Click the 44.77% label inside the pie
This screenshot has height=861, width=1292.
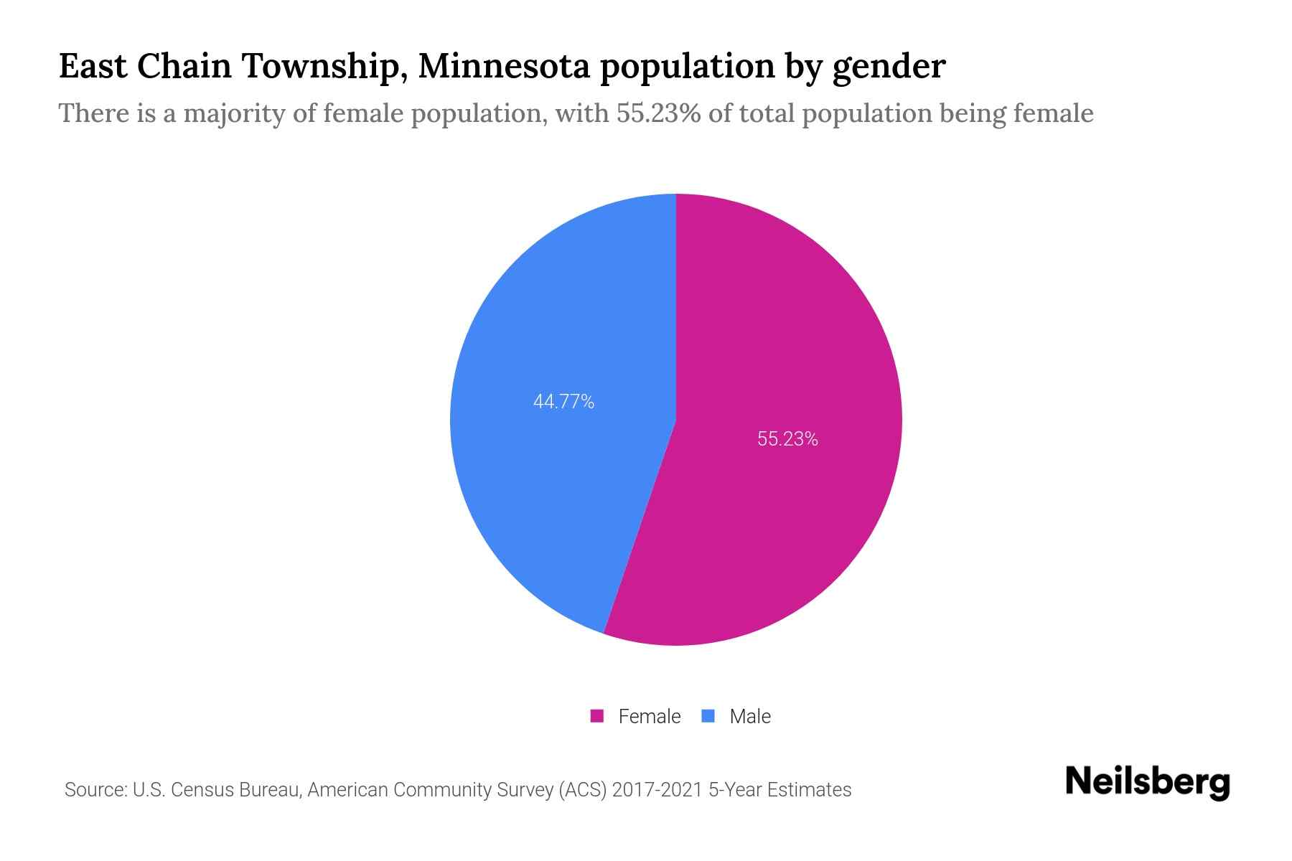coord(563,402)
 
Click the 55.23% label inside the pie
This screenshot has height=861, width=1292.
coord(787,439)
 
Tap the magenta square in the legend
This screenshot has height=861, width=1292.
coord(596,716)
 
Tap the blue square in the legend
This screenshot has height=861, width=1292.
coord(708,716)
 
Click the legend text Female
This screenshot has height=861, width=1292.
coord(649,716)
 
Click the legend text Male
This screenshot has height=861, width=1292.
coord(749,716)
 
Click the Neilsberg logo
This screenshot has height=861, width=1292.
coord(1147,782)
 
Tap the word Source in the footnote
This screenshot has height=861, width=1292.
coord(94,790)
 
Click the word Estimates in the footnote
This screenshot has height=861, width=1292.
coord(809,790)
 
